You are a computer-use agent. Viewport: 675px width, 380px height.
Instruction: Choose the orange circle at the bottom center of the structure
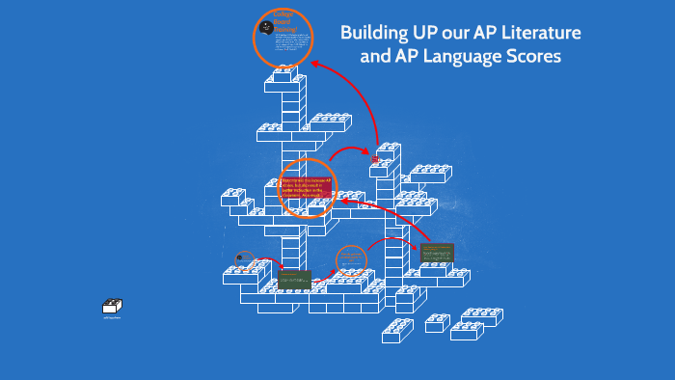(352, 259)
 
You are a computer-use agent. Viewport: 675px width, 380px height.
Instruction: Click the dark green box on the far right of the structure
(437, 253)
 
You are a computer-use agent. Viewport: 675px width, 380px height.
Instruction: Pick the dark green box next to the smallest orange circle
(294, 279)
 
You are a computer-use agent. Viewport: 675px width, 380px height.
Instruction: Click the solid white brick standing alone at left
(112, 307)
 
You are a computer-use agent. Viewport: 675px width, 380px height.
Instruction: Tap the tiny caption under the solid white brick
(112, 318)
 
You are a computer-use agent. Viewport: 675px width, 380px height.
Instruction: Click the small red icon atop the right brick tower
(376, 158)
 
